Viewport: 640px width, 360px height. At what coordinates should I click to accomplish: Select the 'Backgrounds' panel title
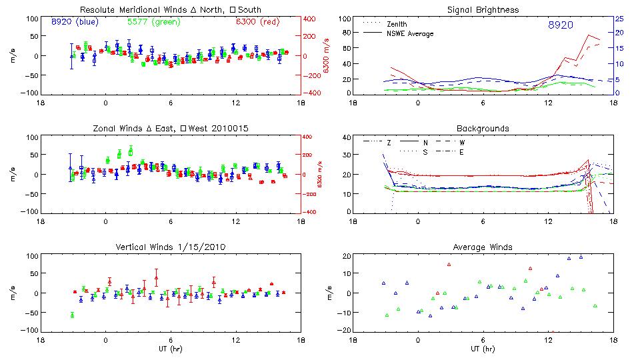pyautogui.click(x=483, y=128)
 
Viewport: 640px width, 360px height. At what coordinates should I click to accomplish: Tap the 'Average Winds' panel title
pyautogui.click(x=483, y=247)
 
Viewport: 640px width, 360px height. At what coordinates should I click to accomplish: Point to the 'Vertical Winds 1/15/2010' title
pyautogui.click(x=170, y=247)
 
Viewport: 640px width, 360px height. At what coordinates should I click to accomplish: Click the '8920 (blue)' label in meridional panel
pyautogui.click(x=75, y=22)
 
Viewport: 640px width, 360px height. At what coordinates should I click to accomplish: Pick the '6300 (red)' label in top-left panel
pyautogui.click(x=259, y=22)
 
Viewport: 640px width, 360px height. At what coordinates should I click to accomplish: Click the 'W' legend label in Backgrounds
pyautogui.click(x=461, y=143)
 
